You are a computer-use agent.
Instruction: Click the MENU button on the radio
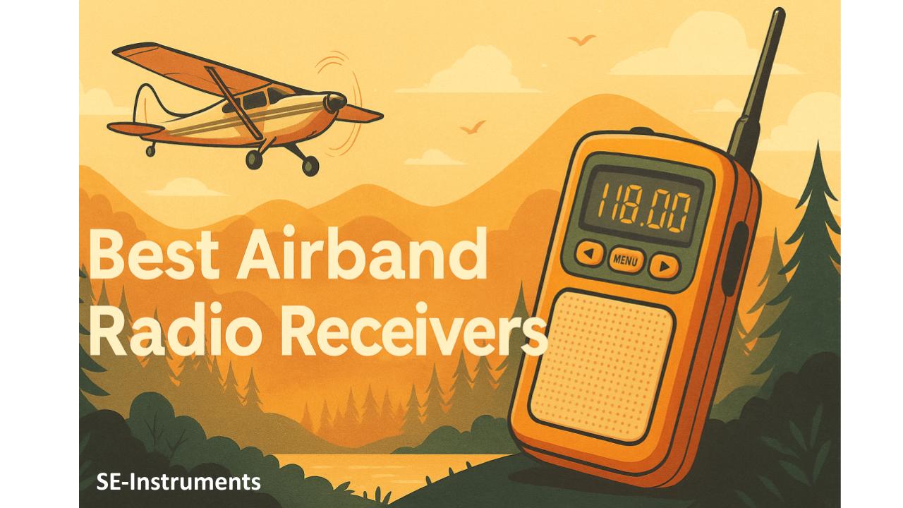click(626, 260)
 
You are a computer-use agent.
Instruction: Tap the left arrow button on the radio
click(590, 253)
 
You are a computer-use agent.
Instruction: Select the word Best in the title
click(154, 253)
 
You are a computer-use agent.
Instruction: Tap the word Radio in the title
click(173, 329)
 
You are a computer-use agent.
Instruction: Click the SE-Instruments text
click(178, 482)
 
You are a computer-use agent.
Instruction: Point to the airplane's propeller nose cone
click(336, 102)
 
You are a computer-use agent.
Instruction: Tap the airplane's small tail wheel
click(150, 151)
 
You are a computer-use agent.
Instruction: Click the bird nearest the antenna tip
click(581, 40)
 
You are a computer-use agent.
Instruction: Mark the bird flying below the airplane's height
click(473, 127)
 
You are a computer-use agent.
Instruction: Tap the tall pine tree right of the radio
click(811, 258)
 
